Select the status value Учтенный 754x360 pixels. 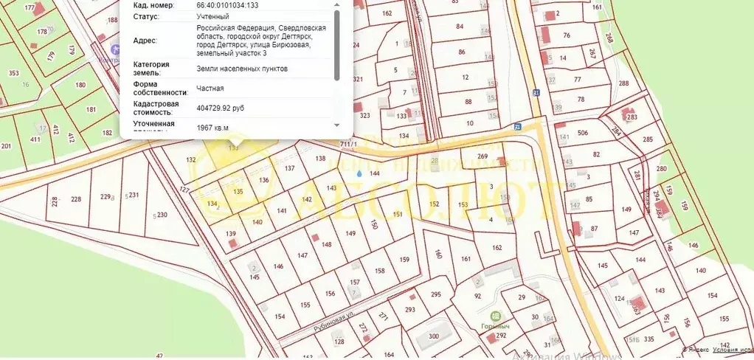pyautogui.click(x=212, y=16)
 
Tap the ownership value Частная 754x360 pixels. pyautogui.click(x=210, y=89)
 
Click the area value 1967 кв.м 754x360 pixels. pyautogui.click(x=212, y=128)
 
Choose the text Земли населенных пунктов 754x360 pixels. pyautogui.click(x=242, y=69)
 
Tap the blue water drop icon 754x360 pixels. pyautogui.click(x=359, y=172)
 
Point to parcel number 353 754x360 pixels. pyautogui.click(x=13, y=73)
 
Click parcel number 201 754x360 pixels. pyautogui.click(x=7, y=146)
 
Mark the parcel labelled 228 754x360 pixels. pyautogui.click(x=76, y=199)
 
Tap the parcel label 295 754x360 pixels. pyautogui.click(x=435, y=294)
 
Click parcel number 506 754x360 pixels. pyautogui.click(x=582, y=133)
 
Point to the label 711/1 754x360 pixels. pyautogui.click(x=348, y=144)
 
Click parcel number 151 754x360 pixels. pyautogui.click(x=398, y=214)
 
